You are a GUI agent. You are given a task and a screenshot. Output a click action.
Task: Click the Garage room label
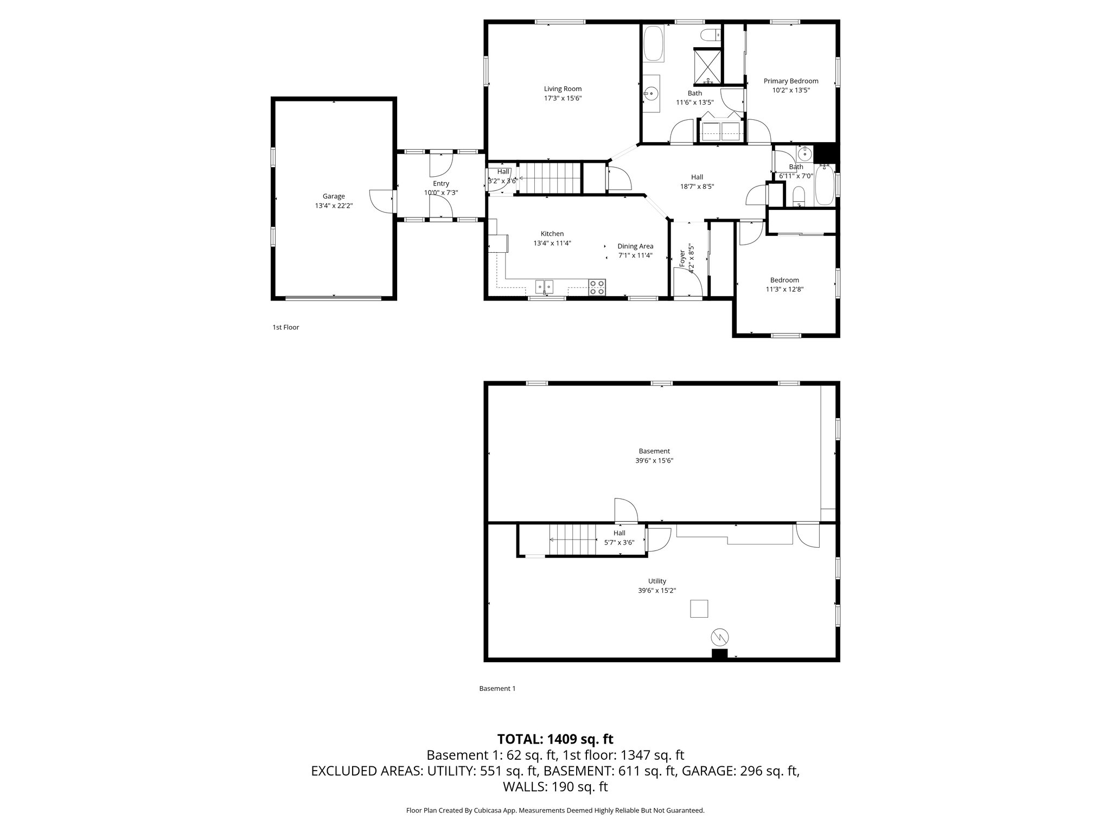pos(334,196)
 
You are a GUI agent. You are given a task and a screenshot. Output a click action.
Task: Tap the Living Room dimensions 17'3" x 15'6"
pos(563,98)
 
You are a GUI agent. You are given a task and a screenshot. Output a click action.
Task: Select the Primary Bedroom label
pos(791,81)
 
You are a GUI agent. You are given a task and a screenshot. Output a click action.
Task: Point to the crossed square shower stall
pos(708,66)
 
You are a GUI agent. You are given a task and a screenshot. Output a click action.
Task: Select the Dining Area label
pos(635,246)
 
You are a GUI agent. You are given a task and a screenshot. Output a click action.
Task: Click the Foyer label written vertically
pos(682,258)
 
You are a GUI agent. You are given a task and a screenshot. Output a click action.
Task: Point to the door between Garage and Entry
pos(382,201)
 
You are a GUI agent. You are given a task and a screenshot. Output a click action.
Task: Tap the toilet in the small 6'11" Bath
pos(799,196)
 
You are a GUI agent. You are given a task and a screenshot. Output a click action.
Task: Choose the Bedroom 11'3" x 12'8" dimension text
pos(784,289)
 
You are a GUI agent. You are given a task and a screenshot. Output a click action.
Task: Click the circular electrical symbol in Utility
pos(719,636)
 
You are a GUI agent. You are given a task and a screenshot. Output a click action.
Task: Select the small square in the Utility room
pos(699,608)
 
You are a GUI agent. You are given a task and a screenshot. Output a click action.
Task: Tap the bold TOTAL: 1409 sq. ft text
pos(555,739)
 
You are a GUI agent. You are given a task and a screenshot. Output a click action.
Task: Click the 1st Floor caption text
pos(285,327)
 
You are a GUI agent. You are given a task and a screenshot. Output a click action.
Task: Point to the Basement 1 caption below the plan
pos(497,688)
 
